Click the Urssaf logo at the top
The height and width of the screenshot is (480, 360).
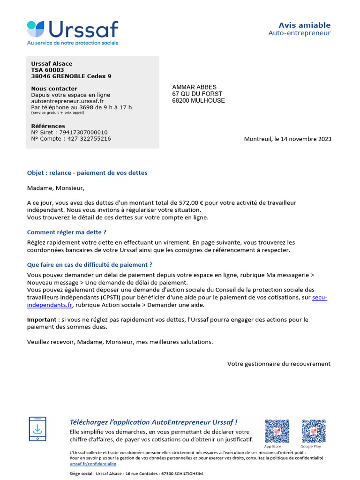pyautogui.click(x=73, y=32)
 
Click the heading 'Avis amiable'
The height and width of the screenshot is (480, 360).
pyautogui.click(x=304, y=25)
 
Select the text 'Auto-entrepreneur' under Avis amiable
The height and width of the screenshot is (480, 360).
pyautogui.click(x=299, y=33)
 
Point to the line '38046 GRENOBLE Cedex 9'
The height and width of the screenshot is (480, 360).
pyautogui.click(x=71, y=76)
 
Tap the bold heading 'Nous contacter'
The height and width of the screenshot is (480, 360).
pyautogui.click(x=54, y=89)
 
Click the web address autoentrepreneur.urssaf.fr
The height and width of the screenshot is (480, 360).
pyautogui.click(x=67, y=101)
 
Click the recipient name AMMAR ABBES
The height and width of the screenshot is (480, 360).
pyautogui.click(x=194, y=87)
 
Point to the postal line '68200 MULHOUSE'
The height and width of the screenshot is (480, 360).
pyautogui.click(x=198, y=101)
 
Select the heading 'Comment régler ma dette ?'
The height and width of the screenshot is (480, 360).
pyautogui.click(x=67, y=232)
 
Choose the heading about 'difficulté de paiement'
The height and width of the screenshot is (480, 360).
pyautogui.click(x=90, y=265)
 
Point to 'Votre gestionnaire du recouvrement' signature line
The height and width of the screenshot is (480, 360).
pyautogui.click(x=279, y=364)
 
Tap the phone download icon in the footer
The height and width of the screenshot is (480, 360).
pyautogui.click(x=37, y=428)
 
